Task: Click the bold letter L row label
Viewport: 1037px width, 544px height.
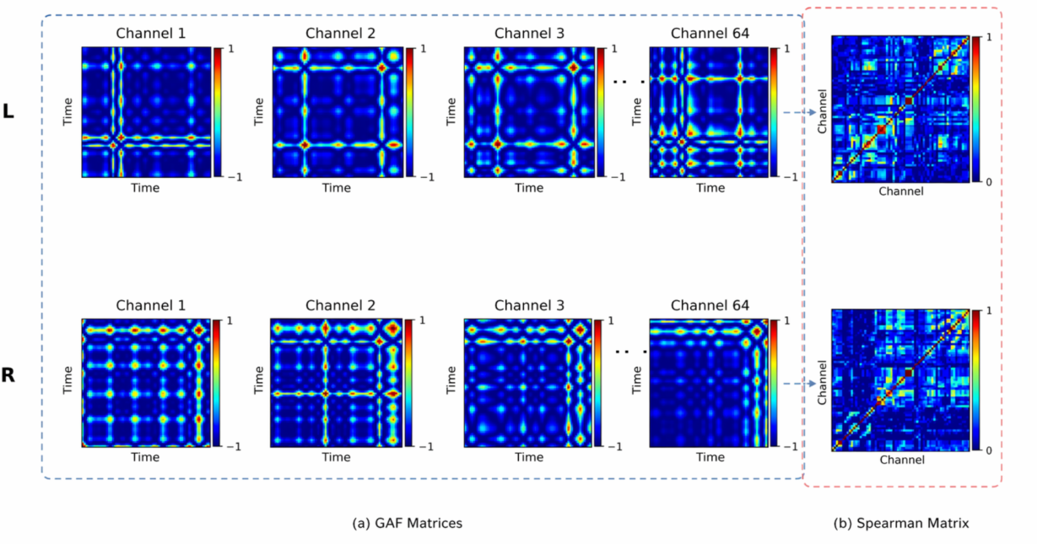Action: (8, 111)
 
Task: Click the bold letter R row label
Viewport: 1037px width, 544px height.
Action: (8, 375)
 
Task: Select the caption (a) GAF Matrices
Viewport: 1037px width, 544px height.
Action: (407, 523)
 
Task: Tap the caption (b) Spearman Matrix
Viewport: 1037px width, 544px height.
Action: (901, 523)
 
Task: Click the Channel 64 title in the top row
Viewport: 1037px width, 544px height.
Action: (710, 33)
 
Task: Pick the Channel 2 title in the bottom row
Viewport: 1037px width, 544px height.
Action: (340, 305)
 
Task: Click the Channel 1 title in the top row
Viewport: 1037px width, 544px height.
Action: (150, 33)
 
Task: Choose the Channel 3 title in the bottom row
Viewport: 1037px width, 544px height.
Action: (529, 305)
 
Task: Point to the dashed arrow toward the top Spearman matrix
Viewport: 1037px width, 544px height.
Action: (800, 112)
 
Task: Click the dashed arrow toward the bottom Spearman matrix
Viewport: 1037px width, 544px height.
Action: (800, 384)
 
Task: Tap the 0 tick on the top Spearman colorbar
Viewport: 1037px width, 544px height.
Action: (988, 182)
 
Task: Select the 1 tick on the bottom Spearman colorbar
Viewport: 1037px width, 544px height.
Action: (988, 311)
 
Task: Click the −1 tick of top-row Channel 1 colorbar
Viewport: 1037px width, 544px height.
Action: (235, 177)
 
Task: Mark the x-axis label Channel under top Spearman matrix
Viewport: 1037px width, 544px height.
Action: (901, 191)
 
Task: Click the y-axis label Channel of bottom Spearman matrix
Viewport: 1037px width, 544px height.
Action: (822, 383)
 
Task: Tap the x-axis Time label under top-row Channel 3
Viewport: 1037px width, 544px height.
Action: (529, 188)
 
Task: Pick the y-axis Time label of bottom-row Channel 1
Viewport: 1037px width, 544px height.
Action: (68, 380)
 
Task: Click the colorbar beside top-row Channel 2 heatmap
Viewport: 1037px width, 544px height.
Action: (410, 112)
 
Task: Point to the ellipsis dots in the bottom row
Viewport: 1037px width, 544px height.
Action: (630, 352)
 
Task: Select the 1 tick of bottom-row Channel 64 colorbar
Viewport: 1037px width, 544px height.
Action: (786, 320)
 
